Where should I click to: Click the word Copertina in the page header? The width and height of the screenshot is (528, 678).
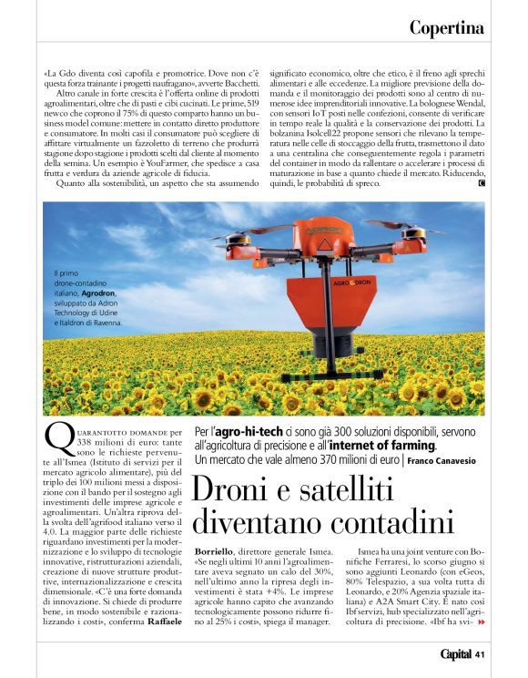pos(446,27)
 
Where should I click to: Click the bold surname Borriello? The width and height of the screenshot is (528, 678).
pos(218,552)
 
